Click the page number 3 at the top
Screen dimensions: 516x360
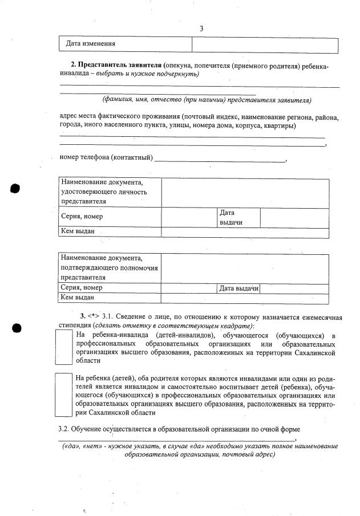(x=201, y=29)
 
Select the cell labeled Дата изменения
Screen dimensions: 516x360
(x=91, y=44)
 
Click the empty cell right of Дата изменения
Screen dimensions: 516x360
(x=265, y=44)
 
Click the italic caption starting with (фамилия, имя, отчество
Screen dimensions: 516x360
(x=206, y=100)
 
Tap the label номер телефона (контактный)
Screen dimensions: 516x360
(x=106, y=157)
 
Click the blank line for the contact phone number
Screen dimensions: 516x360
(x=220, y=160)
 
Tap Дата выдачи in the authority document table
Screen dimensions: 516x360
(x=238, y=289)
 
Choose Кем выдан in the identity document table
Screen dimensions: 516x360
(x=77, y=231)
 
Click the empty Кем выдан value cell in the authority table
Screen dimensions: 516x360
(x=245, y=298)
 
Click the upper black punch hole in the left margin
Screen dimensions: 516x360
(x=15, y=189)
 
